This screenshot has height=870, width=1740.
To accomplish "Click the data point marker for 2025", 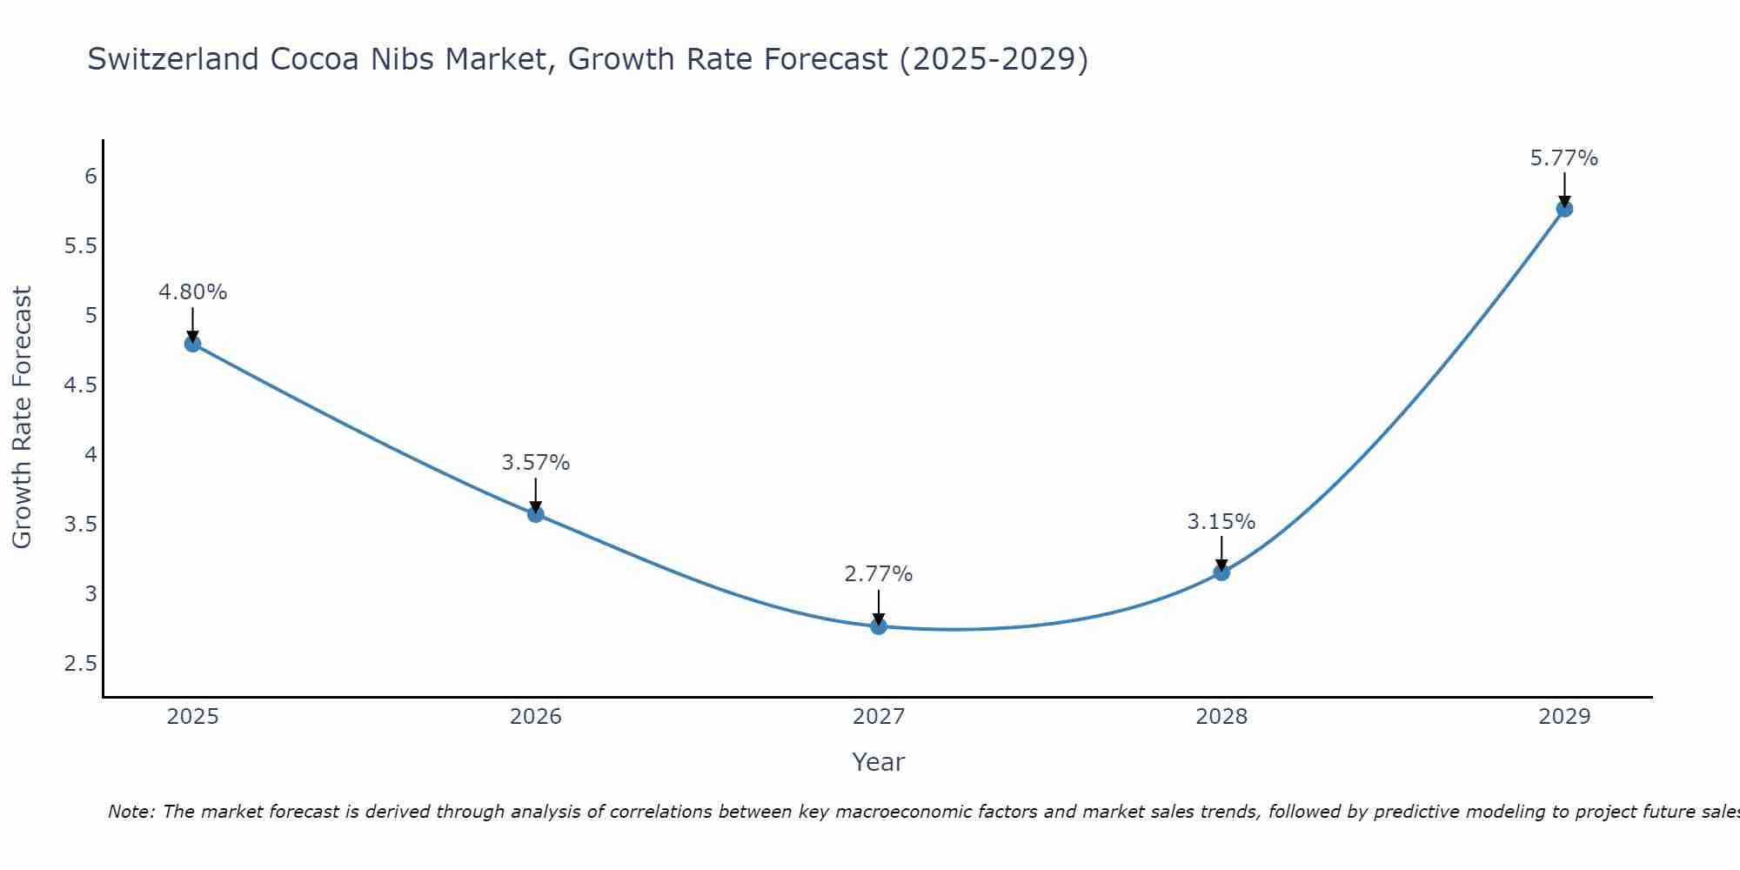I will coord(192,344).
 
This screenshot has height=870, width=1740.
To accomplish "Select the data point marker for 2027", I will coord(879,626).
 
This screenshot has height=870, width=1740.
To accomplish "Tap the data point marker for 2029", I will coord(1564,209).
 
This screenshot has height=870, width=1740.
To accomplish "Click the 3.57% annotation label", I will coord(535,463).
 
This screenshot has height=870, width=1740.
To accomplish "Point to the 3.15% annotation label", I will coord(1221,522).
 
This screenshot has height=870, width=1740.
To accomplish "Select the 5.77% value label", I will coord(1564,158).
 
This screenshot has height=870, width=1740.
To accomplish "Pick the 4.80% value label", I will coord(192,292).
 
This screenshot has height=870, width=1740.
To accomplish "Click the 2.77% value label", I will coord(879,574).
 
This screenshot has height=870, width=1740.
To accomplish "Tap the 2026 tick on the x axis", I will coord(535,717).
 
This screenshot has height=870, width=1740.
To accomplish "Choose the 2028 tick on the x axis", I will coord(1221,717).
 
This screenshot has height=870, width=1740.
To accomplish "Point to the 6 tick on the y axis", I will coord(90,177).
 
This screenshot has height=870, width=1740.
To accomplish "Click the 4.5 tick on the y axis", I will coord(80,385).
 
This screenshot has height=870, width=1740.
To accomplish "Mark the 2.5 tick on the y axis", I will coord(80,664).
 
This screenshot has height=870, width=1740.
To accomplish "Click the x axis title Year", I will coord(879,762).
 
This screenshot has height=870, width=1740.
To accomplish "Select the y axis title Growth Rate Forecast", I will coord(22,418).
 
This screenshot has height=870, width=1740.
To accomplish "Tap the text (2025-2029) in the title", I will coord(994,59).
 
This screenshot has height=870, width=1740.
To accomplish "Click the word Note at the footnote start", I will coord(130,812).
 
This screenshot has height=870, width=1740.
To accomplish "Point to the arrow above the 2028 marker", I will coord(1221,552).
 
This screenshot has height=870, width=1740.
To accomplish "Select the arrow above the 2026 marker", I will coord(535,494).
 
